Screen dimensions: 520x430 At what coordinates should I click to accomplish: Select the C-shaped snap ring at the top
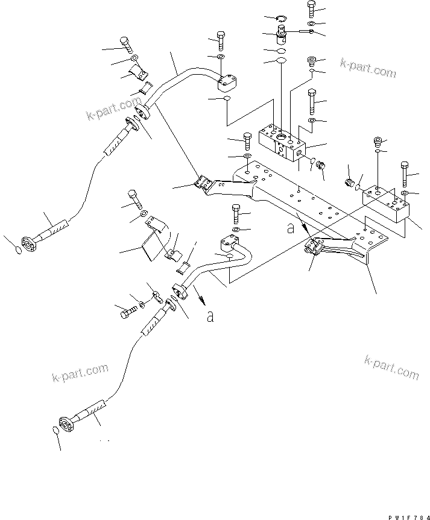283,19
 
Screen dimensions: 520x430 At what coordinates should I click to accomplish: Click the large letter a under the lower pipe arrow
210,316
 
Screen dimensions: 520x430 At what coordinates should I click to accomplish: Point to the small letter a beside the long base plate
291,228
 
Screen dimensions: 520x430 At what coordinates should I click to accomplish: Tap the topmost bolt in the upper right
311,8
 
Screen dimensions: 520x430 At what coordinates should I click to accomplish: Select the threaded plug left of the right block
349,182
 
